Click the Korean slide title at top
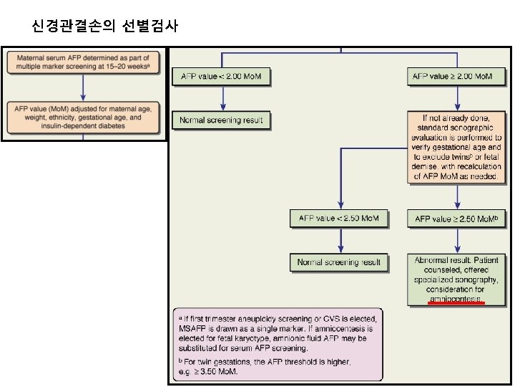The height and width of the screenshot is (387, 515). click(105, 27)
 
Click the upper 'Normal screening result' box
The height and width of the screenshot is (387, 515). click(221, 120)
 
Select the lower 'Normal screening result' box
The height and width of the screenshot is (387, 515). click(339, 262)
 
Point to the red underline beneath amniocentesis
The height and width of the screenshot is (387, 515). click(456, 303)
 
